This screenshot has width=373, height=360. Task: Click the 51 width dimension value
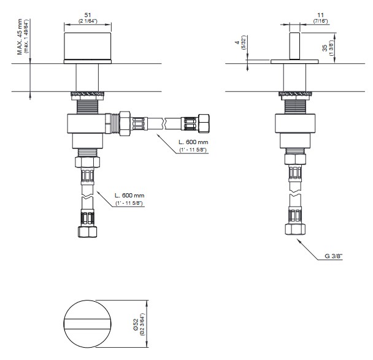pyautogui.click(x=88, y=15)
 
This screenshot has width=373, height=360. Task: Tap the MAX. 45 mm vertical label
pyautogui.click(x=20, y=37)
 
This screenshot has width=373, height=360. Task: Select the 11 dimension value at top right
pyautogui.click(x=320, y=15)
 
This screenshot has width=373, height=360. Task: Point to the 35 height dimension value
pyautogui.click(x=325, y=48)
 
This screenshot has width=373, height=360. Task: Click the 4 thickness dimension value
pyautogui.click(x=237, y=42)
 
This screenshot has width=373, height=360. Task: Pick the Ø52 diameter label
pyautogui.click(x=136, y=324)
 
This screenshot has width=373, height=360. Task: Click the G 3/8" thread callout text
pyautogui.click(x=334, y=256)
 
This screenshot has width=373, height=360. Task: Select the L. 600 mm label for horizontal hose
pyautogui.click(x=193, y=142)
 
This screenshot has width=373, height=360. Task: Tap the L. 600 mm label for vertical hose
pyautogui.click(x=129, y=196)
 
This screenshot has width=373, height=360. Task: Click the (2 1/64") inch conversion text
pyautogui.click(x=88, y=21)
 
